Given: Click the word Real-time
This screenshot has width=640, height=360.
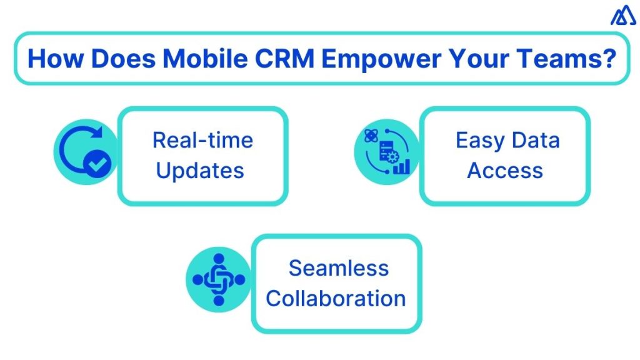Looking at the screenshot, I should coord(202,140).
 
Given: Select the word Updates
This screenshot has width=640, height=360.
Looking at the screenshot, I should coord(200,170).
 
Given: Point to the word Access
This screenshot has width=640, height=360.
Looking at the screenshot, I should coord(505,170).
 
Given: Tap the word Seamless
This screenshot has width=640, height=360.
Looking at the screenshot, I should coord(339,269).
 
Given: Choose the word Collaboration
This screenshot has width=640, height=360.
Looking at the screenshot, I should coord(336,298).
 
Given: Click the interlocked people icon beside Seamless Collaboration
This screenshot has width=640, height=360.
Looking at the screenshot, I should coord(219,279).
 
